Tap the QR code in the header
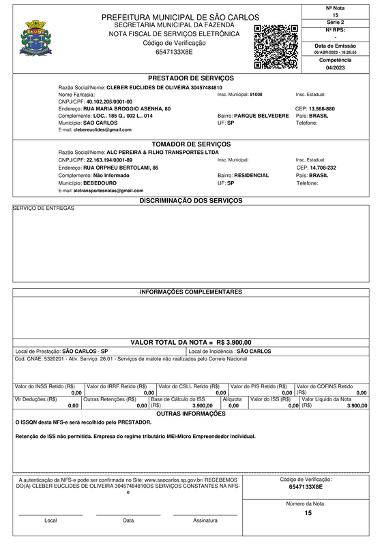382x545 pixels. pos(276,46)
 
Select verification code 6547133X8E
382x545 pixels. pos(174,52)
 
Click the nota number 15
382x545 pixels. pos(335,14)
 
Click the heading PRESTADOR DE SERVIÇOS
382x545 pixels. pos(191,78)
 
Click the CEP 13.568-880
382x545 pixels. pos(322,109)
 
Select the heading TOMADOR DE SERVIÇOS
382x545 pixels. pos(191,144)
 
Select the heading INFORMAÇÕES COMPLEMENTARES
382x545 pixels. pos(191,292)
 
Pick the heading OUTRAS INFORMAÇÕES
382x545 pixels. pos(191,414)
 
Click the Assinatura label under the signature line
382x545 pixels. pos(205,520)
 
